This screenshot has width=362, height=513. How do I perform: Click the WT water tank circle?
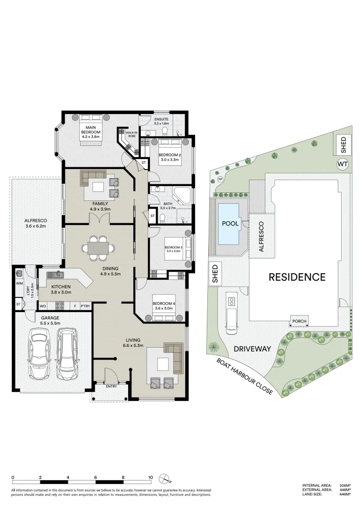[342, 164]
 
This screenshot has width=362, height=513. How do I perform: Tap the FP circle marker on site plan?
[221, 179]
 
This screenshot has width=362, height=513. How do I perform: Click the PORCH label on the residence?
[299, 322]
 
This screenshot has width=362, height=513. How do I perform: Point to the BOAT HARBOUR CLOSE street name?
[244, 376]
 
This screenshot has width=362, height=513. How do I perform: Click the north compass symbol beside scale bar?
[164, 477]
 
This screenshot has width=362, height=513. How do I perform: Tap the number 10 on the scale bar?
[150, 477]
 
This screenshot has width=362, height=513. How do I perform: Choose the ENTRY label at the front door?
[111, 386]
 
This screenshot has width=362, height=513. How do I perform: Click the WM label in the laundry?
[19, 284]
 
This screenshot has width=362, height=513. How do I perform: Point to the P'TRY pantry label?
[85, 306]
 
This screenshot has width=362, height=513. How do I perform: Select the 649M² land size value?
[345, 494]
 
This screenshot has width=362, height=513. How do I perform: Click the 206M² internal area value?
[345, 485]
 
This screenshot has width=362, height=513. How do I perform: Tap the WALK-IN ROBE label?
[131, 134]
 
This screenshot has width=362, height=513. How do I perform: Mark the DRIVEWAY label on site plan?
[251, 349]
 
